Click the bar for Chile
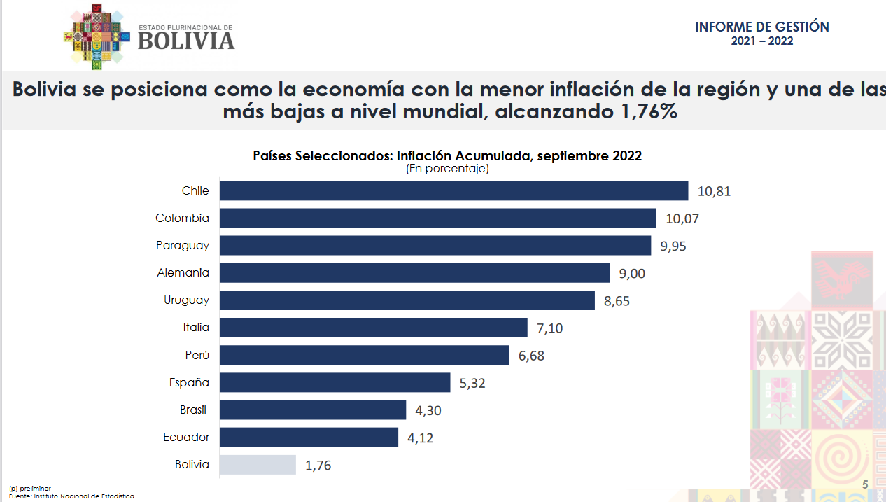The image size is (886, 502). (453, 190)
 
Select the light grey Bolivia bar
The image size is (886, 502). (258, 464)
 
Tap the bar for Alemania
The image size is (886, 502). (414, 273)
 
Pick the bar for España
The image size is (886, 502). (335, 382)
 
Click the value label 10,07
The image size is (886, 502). (682, 218)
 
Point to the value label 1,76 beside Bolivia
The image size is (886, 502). (318, 465)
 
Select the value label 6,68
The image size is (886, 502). (531, 356)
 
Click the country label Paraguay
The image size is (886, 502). (182, 245)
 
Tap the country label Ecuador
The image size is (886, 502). (186, 437)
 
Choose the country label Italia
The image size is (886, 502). (195, 327)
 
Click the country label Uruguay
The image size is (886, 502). (186, 300)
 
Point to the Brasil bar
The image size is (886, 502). (312, 410)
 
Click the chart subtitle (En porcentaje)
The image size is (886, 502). (446, 168)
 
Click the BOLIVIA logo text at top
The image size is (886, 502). (186, 41)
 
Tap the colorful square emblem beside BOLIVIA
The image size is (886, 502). (97, 39)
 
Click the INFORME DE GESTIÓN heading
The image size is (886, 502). (761, 27)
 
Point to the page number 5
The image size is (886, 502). (864, 484)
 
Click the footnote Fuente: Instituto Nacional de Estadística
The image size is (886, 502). (71, 496)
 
